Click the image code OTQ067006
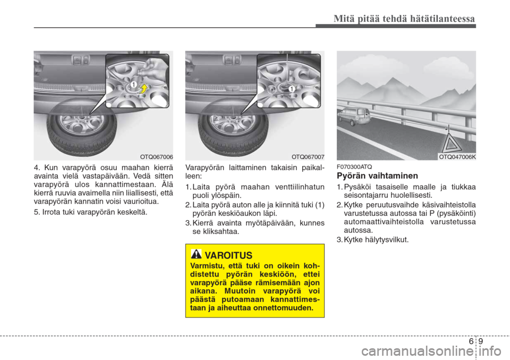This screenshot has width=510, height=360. (157, 156)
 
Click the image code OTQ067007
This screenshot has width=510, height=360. (308, 156)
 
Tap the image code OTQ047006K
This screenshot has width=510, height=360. (457, 156)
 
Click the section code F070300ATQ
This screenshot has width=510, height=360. (354, 167)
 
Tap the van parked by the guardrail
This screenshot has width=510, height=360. (351, 115)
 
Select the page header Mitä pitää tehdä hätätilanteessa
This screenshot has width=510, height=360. (404, 19)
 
